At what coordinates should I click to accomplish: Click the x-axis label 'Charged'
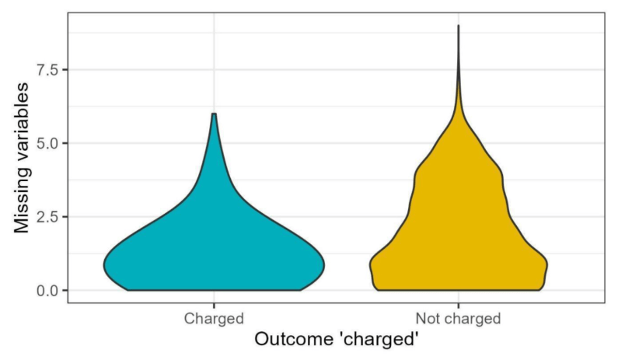pyautogui.click(x=214, y=318)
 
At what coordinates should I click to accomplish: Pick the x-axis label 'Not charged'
pyautogui.click(x=458, y=318)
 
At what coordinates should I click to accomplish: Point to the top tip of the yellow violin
pyautogui.click(x=458, y=26)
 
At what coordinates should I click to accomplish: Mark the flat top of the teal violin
pyautogui.click(x=214, y=114)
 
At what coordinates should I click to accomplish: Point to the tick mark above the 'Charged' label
pyautogui.click(x=214, y=306)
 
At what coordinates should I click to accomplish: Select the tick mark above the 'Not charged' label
pyautogui.click(x=458, y=306)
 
